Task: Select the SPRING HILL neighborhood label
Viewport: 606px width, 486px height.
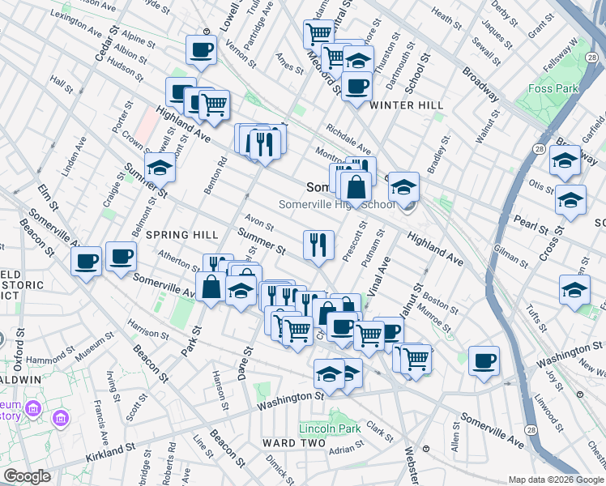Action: pyautogui.click(x=182, y=234)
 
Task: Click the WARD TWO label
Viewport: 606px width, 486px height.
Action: pyautogui.click(x=293, y=443)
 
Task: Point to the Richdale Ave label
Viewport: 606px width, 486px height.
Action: pyautogui.click(x=348, y=139)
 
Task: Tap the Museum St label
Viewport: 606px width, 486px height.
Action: pyautogui.click(x=95, y=352)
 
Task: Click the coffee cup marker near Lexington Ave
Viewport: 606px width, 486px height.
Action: pyautogui.click(x=201, y=49)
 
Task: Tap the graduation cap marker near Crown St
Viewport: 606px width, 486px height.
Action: pyautogui.click(x=160, y=167)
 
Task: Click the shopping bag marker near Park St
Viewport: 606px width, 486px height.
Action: pyautogui.click(x=211, y=287)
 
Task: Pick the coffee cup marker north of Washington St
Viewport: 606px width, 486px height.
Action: pyautogui.click(x=484, y=360)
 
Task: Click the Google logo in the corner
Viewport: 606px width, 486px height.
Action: pyautogui.click(x=27, y=476)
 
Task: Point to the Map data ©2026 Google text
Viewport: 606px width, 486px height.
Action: pyautogui.click(x=555, y=480)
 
